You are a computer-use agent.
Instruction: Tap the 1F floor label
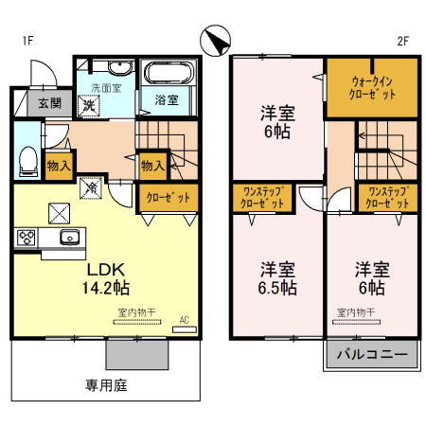click(28, 41)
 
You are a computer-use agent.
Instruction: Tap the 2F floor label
click(402, 41)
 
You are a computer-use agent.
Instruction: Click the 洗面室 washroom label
click(104, 88)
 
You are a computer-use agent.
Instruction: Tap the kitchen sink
click(68, 237)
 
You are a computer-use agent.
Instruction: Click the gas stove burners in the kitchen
click(24, 237)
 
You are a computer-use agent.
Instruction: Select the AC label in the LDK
click(185, 320)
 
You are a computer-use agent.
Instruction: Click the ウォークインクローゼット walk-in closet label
click(372, 88)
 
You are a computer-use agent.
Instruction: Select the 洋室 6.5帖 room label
click(278, 276)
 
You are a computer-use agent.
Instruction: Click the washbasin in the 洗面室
click(118, 68)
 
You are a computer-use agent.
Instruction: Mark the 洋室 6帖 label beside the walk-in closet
click(278, 121)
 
